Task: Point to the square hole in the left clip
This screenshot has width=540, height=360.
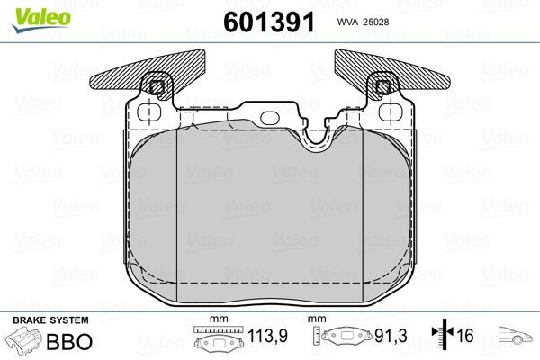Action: pos(157,87)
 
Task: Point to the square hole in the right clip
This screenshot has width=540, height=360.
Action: pos(383,87)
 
